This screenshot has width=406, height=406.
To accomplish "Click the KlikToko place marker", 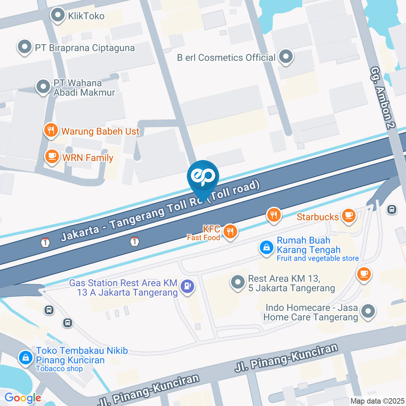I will point(57,16).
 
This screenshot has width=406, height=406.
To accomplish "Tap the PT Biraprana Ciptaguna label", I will point(85,48).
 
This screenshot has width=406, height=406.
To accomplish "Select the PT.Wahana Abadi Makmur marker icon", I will point(43,87).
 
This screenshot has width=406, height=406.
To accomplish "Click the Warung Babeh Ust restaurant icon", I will point(51,131).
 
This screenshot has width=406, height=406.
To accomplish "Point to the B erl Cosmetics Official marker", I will point(286,57).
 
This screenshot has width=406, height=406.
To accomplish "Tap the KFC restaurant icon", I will point(230,231).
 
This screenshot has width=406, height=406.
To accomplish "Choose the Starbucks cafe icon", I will point(348,216).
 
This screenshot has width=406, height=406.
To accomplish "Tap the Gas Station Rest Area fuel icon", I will point(187,286).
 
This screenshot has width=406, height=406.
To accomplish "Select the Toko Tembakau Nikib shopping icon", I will point(26,358).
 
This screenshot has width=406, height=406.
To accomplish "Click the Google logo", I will point(23,398).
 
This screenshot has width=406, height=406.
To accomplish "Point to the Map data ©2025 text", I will point(377,401).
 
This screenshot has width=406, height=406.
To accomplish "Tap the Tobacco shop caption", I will point(59,369).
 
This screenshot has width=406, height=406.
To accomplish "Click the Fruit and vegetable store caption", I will point(318,258).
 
